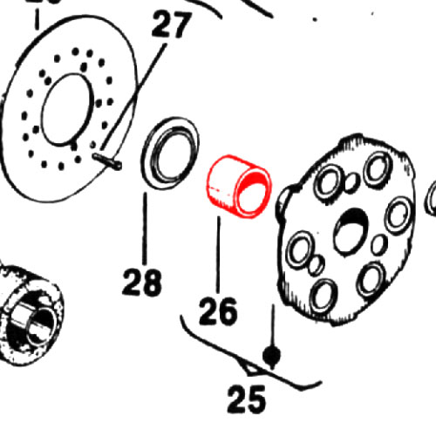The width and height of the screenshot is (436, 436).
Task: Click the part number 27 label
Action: [x=172, y=24]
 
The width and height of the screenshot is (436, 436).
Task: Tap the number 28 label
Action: [x=142, y=282]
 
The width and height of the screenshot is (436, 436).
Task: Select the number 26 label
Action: [x=218, y=310]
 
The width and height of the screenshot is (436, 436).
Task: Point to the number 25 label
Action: [x=247, y=399]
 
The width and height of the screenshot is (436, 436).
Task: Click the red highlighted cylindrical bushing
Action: [x=239, y=186]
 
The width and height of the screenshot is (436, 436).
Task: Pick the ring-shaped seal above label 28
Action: [x=170, y=153]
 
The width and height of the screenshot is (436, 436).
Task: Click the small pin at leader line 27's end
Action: [x=107, y=160]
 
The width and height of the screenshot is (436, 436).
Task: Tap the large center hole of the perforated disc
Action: [x=67, y=109]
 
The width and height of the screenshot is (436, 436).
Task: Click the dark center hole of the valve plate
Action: [x=351, y=233]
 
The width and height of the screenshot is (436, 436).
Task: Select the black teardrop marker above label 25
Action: [x=271, y=356]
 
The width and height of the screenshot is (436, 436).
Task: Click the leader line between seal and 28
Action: [x=145, y=228]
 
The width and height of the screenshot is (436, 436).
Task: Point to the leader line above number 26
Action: [x=218, y=255]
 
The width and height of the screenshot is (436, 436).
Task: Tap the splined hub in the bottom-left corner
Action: [x=29, y=312]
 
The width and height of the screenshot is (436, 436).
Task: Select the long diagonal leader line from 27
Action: [x=133, y=98]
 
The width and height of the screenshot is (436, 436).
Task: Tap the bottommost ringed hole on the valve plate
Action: [x=324, y=296]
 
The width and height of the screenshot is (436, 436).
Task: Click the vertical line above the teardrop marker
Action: [x=273, y=325]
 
